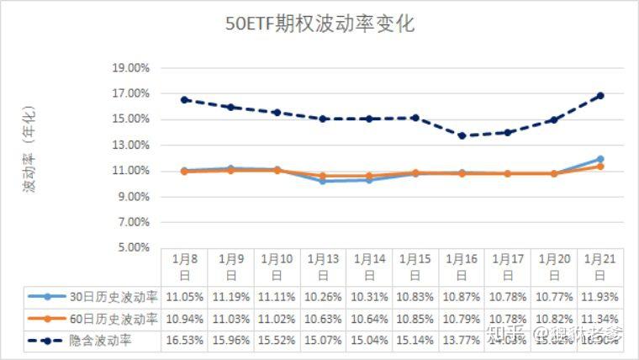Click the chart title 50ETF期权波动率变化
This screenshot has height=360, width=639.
click(319, 24)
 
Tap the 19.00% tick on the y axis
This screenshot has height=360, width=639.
click(131, 67)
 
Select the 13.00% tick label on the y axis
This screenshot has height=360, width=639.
click(131, 145)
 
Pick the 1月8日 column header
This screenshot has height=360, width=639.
click(184, 266)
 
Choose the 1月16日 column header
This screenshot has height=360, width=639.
click(462, 266)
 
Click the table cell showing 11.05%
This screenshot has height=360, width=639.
click(184, 296)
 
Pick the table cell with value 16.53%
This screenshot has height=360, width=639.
click(184, 341)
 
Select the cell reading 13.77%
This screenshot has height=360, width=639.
click(462, 341)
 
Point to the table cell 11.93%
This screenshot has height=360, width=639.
click(600, 296)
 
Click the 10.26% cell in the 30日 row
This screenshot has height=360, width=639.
click(323, 296)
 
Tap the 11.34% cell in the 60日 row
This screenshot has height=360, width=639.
click(600, 319)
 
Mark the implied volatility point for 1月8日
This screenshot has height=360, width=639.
click(184, 99)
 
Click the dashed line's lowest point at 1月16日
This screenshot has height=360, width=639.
click(462, 135)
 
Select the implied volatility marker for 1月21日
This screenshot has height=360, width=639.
click(600, 95)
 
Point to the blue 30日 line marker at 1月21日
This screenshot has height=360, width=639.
click(600, 159)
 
